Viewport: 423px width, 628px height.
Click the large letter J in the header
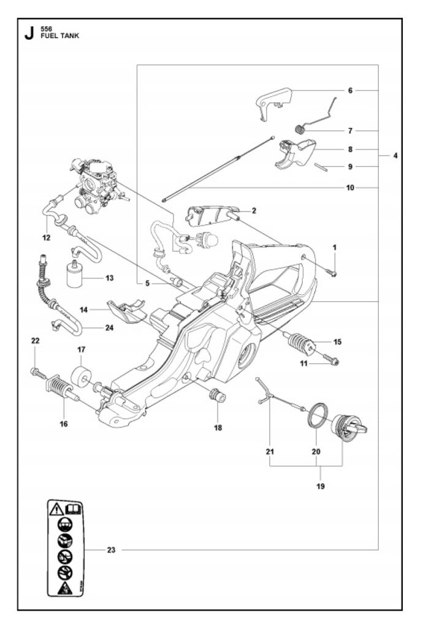(x=29, y=34)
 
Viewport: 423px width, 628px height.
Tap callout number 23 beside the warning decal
(x=111, y=550)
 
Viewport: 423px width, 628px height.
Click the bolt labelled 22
(x=37, y=372)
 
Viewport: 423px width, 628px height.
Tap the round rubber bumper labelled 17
(x=82, y=377)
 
